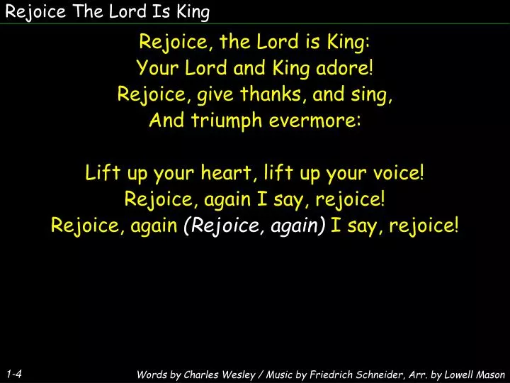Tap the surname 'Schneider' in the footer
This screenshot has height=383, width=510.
[x=373, y=374]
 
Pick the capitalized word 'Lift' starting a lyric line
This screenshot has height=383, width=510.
[x=100, y=173]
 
